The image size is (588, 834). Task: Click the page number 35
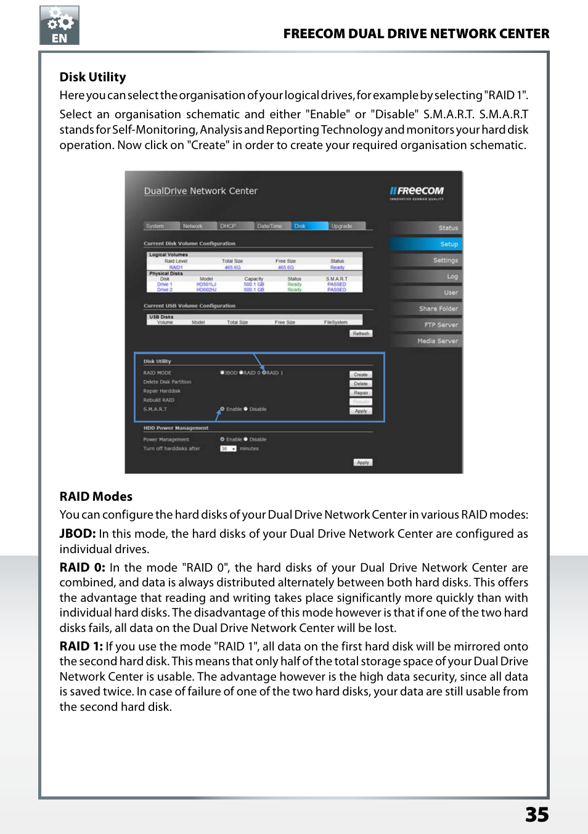coord(537,814)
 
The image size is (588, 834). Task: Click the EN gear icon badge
coord(59,25)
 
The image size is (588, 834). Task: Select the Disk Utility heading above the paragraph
coord(92,77)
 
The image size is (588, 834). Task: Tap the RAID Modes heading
coord(96,496)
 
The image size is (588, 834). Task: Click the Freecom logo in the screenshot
coord(417,192)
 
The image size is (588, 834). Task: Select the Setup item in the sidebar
coord(426,244)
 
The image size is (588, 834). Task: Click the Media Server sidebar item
coord(426,341)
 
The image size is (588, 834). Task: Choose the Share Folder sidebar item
coord(426,309)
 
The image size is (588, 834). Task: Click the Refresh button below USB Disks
coord(361,333)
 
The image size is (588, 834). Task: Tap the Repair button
coord(361,393)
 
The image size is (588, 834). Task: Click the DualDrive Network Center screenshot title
coord(201,191)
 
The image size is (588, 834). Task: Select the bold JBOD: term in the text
coord(78,533)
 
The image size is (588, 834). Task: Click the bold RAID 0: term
coord(82,567)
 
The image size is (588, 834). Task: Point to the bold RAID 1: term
coord(81,646)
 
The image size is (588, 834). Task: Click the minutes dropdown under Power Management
coord(228,448)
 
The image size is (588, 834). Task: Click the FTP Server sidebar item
coord(426,325)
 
